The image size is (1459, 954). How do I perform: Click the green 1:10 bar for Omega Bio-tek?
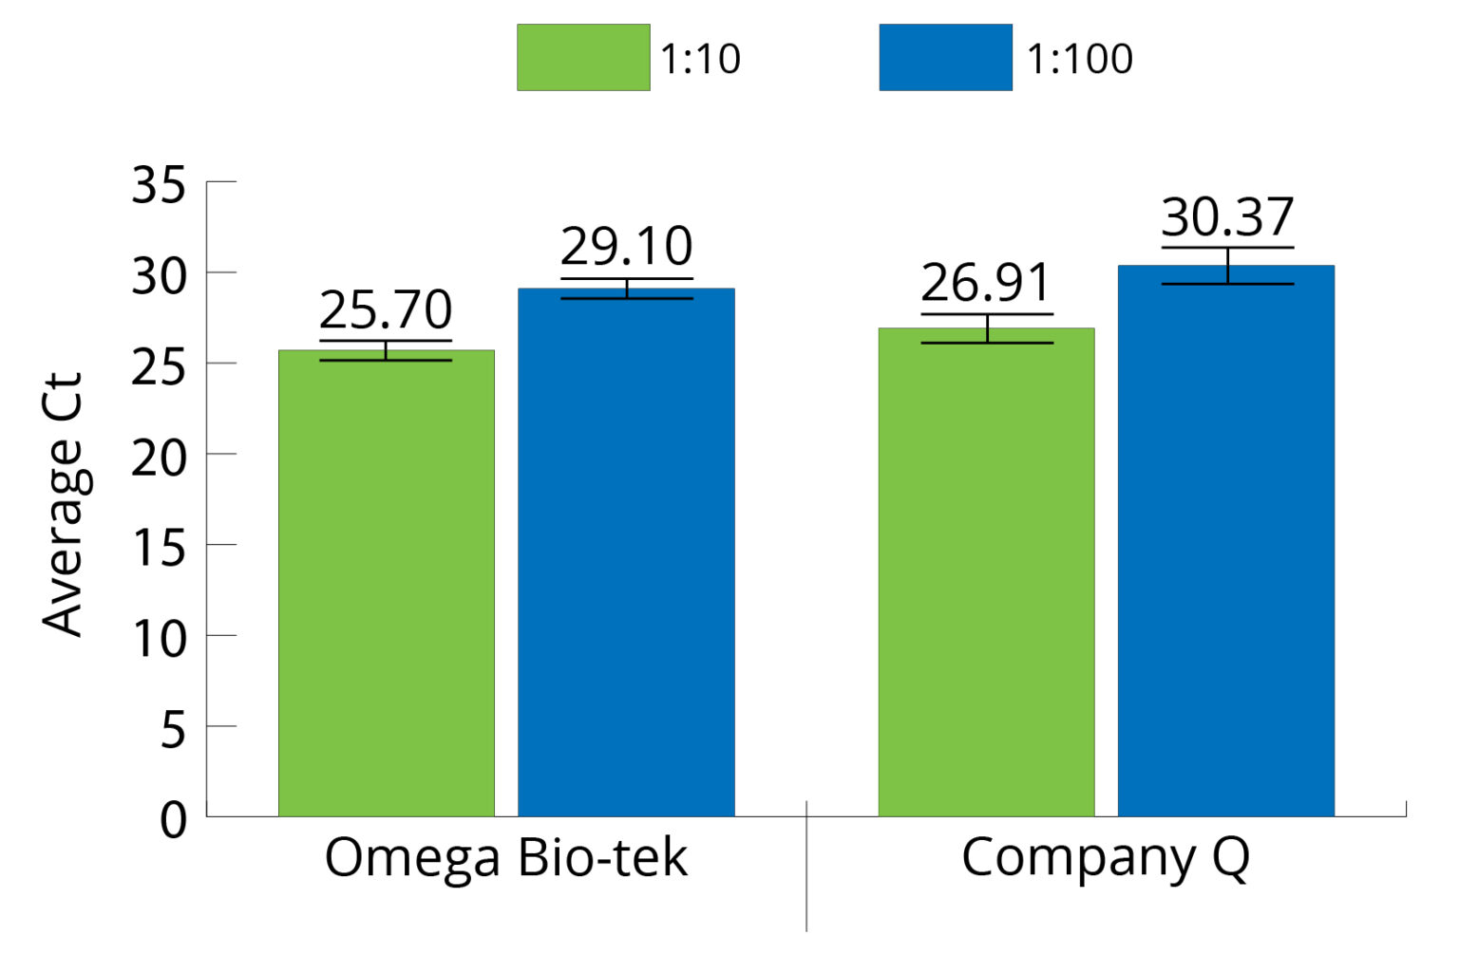(x=386, y=583)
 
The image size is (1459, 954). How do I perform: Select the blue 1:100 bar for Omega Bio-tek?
(x=626, y=552)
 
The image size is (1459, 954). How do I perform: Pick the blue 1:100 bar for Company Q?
(x=1226, y=540)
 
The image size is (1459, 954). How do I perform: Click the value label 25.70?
(x=386, y=309)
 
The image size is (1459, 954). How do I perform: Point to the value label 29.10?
(x=626, y=247)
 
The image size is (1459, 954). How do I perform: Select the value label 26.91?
(x=986, y=282)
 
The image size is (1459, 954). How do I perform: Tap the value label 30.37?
(x=1227, y=216)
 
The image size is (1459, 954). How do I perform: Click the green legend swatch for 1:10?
(x=583, y=58)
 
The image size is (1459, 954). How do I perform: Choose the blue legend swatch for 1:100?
(x=945, y=58)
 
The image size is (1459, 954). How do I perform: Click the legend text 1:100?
(x=1080, y=59)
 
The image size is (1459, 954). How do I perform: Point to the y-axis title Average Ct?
(x=64, y=503)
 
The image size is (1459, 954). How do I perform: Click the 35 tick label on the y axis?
(x=158, y=184)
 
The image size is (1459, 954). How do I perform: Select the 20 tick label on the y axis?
(x=158, y=458)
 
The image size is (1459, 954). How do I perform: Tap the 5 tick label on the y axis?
(x=172, y=730)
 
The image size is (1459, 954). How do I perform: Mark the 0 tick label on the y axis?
(x=173, y=819)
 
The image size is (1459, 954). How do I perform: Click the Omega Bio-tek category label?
(x=505, y=858)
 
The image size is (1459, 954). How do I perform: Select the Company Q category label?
(x=1105, y=858)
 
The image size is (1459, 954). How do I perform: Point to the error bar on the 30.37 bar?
(x=1227, y=266)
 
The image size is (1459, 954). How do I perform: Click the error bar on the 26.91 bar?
(x=987, y=328)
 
